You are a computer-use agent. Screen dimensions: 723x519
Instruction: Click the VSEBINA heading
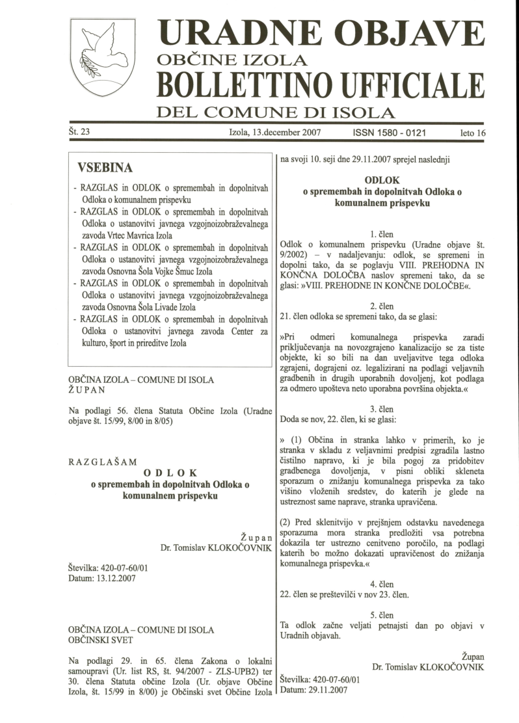[x=105, y=168]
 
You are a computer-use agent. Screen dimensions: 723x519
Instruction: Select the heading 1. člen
[x=382, y=233]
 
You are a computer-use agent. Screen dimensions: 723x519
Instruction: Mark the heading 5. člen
[x=382, y=614]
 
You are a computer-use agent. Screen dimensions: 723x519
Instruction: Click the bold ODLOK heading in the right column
[x=382, y=179]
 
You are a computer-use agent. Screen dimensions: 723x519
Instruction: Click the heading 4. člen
[x=382, y=583]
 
